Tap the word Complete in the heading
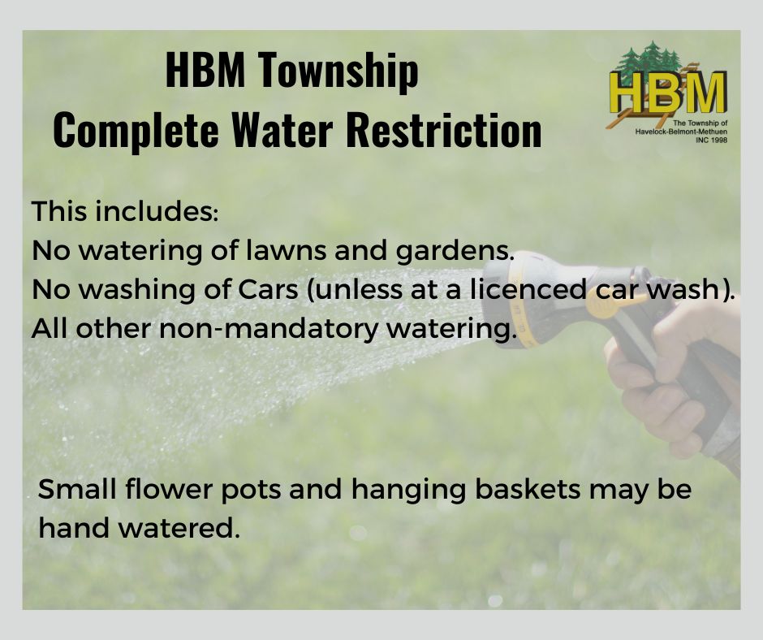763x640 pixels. pos(136,131)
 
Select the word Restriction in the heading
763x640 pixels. pos(444,130)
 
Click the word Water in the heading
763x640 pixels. pos(282,130)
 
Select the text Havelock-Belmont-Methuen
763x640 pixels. pos(681,132)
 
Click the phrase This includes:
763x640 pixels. pos(125,211)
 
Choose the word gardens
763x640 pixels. pos(455,251)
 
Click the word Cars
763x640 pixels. pos(268,290)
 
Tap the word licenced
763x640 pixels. pos(528,289)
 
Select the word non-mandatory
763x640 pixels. pos(268,329)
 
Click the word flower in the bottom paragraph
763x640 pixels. pos(168,488)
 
